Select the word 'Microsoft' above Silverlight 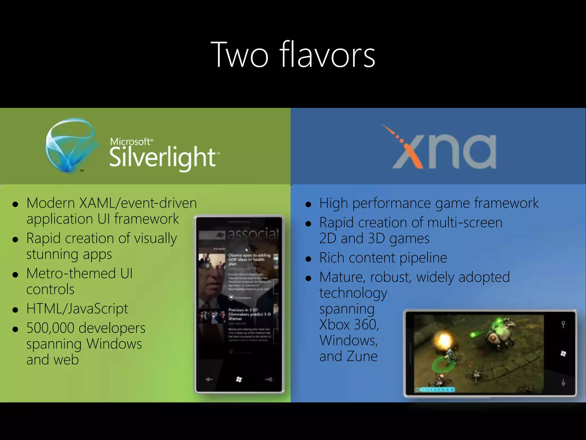pos(130,142)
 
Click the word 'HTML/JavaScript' pos(77,309)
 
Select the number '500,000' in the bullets pos(50,328)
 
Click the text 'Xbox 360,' pos(349,325)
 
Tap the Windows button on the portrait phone pos(239,380)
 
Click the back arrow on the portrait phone pos(209,380)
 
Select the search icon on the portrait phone pos(269,380)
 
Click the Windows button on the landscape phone pos(563,353)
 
